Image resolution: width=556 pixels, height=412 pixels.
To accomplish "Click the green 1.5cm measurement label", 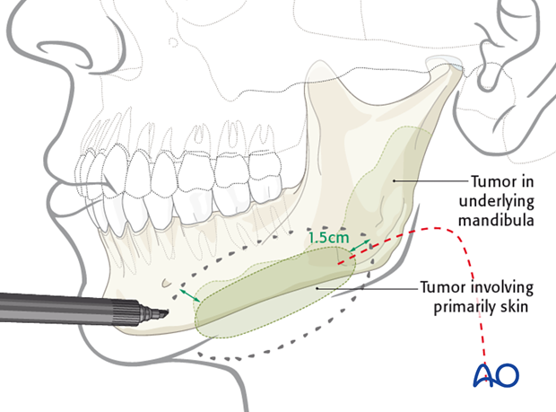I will pyautogui.click(x=329, y=239).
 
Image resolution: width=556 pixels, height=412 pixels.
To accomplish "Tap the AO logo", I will pyautogui.click(x=496, y=375).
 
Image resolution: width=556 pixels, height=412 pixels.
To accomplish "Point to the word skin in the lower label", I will pyautogui.click(x=508, y=306).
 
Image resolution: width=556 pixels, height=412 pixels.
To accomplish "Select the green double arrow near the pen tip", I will pyautogui.click(x=188, y=294).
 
